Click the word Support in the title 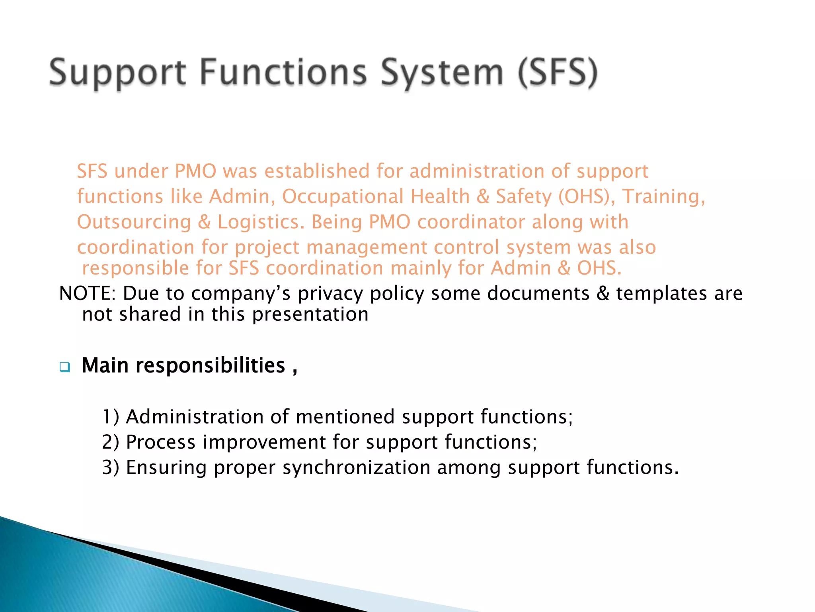click(118, 73)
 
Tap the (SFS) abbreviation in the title click(558, 73)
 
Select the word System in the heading click(442, 73)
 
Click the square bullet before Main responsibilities click(64, 367)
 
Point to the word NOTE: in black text click(87, 294)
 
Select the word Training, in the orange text click(663, 197)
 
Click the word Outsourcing click(134, 222)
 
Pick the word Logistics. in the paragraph click(261, 222)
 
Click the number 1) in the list click(111, 417)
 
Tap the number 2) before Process click(111, 442)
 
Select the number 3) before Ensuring click(111, 468)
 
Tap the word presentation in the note click(310, 315)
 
